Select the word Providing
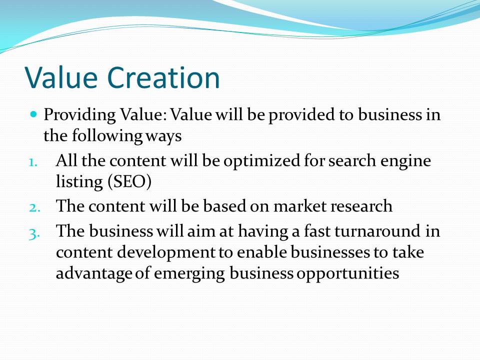(79, 115)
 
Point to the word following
(107, 136)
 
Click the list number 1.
(33, 162)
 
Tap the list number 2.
(34, 207)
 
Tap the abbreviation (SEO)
(129, 182)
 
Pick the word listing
(79, 182)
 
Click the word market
(299, 206)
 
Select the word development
(166, 253)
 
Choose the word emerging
(189, 274)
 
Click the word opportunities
(348, 274)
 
